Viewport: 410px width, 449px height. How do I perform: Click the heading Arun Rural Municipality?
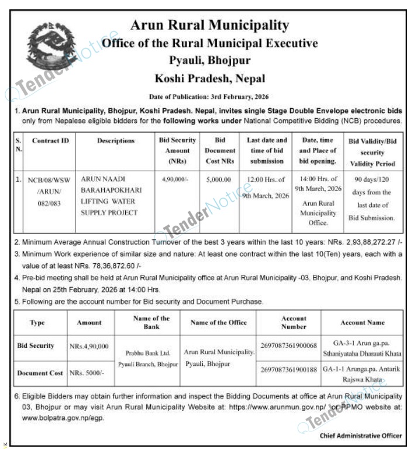coord(209,25)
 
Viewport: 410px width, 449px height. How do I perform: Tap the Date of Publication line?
coord(209,96)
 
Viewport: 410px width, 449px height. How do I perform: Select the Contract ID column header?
coord(50,141)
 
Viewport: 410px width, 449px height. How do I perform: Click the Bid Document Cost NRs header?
coord(219,151)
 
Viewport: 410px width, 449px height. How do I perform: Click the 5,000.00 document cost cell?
coord(219,179)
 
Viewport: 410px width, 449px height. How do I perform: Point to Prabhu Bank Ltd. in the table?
coord(147,353)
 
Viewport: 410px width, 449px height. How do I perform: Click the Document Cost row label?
coord(40,372)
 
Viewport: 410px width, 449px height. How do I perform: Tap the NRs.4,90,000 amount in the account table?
coord(89,346)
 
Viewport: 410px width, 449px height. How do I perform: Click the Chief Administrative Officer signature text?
coord(360,436)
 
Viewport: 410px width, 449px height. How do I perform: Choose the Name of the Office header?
coord(219,322)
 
